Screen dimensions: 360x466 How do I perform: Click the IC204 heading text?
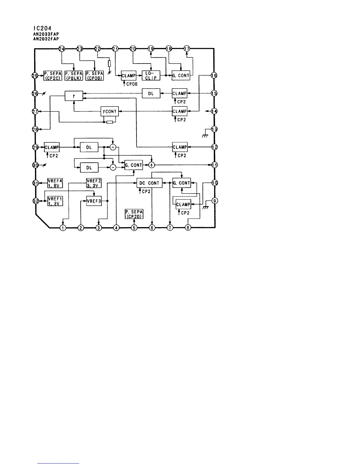coord(43,28)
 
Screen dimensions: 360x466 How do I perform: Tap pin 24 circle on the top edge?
coord(61,49)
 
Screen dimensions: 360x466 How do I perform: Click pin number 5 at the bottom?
coord(134,227)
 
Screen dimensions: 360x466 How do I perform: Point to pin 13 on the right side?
coord(214,129)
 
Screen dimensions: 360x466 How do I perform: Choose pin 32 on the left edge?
coord(35,201)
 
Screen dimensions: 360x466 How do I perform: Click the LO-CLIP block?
coord(151,76)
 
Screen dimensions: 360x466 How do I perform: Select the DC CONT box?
coord(149,183)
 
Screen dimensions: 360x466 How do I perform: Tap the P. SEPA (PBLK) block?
coord(73,76)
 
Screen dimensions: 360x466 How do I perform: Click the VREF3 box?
coord(94,201)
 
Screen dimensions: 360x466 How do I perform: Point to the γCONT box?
coord(109,111)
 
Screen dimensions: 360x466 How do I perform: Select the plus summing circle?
coord(152,165)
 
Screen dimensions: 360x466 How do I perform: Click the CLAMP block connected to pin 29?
coord(52,147)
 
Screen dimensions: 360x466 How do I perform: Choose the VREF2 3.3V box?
coord(94,183)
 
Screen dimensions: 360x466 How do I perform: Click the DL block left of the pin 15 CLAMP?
coord(151,94)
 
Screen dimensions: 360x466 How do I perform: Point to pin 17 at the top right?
coord(187,49)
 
